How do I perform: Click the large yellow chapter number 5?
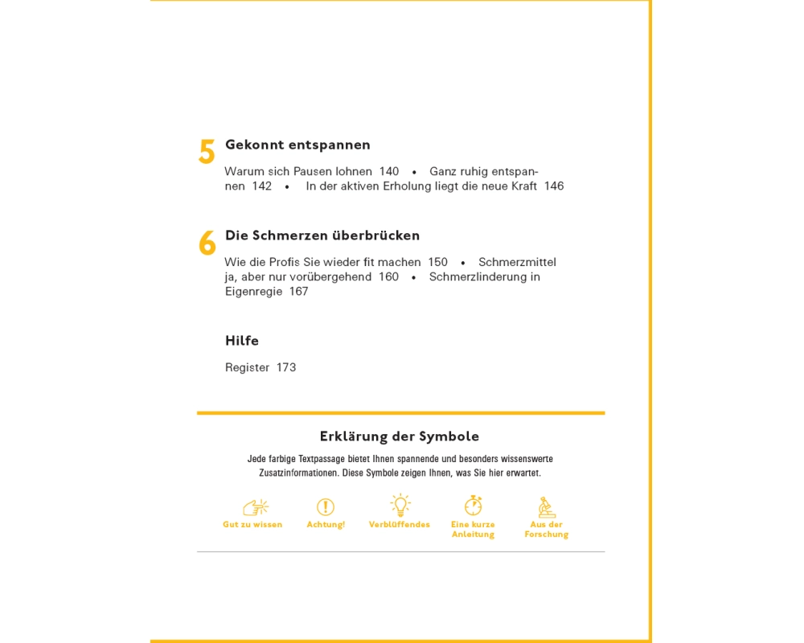[x=207, y=152]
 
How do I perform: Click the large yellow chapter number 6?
[x=207, y=243]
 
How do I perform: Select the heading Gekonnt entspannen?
[x=297, y=145]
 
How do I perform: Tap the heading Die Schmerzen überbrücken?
[x=322, y=235]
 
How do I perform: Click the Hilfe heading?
[x=242, y=341]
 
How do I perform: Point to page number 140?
[x=389, y=171]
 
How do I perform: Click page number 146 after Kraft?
[x=554, y=186]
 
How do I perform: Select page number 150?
[x=437, y=262]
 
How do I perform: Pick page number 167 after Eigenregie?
[x=298, y=291]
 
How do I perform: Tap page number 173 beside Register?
[x=286, y=367]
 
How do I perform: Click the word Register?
[x=247, y=367]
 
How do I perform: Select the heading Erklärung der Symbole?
[x=400, y=436]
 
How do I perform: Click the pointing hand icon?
[x=255, y=507]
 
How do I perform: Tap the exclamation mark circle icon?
[x=326, y=507]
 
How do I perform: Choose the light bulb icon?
[x=400, y=506]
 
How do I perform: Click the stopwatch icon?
[x=474, y=506]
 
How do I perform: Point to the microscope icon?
[x=547, y=507]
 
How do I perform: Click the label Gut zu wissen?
[x=252, y=525]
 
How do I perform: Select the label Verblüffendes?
[x=400, y=525]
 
